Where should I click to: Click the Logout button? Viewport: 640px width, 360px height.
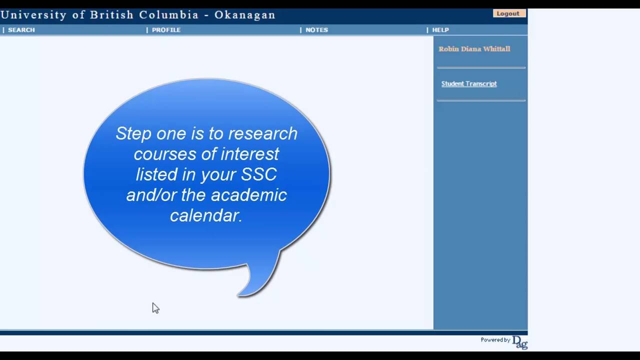tap(508, 13)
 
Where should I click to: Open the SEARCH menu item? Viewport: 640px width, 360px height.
tap(21, 30)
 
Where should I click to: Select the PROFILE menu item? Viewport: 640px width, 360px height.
tap(166, 30)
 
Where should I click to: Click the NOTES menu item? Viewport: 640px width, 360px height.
tap(316, 30)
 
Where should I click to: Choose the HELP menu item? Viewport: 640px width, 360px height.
tap(440, 30)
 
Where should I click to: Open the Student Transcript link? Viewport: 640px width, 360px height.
tap(469, 83)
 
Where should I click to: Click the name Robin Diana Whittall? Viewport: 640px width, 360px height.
tap(474, 49)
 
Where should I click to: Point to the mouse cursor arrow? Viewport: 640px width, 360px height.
tap(155, 307)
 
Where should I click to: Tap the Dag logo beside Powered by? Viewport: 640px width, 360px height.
tap(520, 342)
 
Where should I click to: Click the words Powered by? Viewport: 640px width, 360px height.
tap(495, 340)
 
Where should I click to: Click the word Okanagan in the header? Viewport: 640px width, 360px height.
tap(245, 14)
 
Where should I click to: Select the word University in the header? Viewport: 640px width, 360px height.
tap(33, 14)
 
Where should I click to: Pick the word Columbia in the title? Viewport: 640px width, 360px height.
tap(169, 14)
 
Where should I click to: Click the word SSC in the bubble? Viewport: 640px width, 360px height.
tap(259, 174)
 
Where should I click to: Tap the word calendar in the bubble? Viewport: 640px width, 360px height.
tap(206, 215)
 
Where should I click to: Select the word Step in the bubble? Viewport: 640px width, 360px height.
tap(133, 133)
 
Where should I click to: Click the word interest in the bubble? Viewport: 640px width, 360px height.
tap(249, 154)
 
